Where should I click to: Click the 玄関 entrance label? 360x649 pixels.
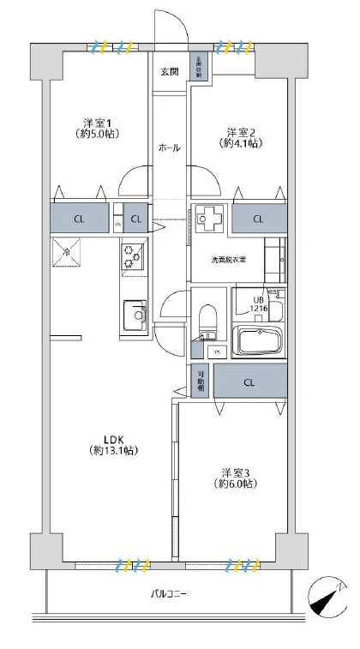point(169,71)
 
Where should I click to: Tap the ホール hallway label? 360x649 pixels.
point(169,147)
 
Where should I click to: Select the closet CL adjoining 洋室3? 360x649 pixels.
point(249,382)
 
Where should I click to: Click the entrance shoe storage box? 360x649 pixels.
point(198,68)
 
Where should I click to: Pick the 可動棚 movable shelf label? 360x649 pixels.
point(201,381)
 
